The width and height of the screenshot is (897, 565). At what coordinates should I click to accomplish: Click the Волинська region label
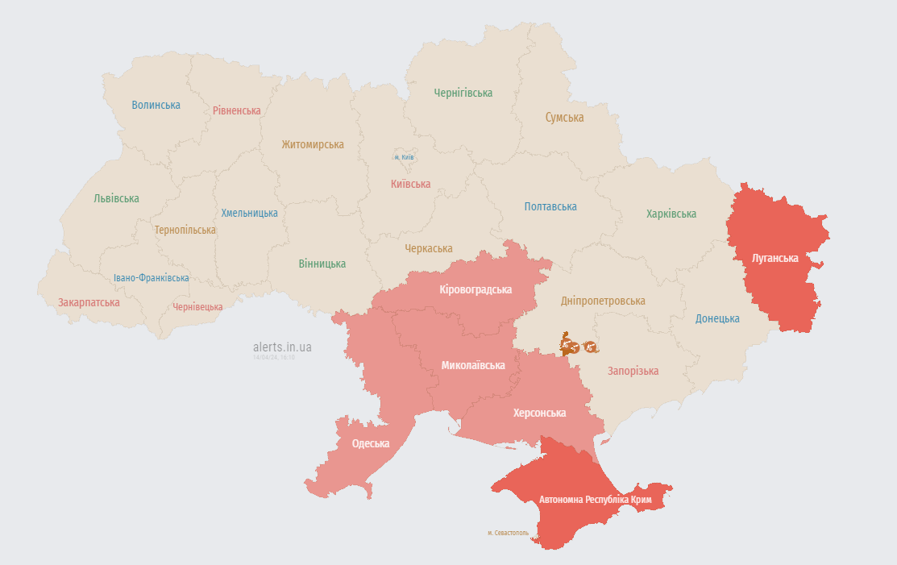pyautogui.click(x=156, y=105)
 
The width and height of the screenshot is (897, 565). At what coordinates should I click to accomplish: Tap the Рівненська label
pyautogui.click(x=237, y=110)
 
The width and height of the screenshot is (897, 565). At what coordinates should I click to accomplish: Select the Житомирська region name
pyautogui.click(x=313, y=145)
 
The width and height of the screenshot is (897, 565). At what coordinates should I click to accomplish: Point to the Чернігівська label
pyautogui.click(x=463, y=93)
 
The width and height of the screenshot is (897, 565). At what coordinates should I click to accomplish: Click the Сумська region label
pyautogui.click(x=564, y=118)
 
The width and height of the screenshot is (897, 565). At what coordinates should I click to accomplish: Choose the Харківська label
pyautogui.click(x=671, y=214)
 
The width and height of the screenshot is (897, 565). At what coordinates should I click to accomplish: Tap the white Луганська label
pyautogui.click(x=774, y=259)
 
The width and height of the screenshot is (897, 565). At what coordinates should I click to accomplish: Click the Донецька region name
pyautogui.click(x=717, y=318)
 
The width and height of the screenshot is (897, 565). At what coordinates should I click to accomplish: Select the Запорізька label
pyautogui.click(x=633, y=372)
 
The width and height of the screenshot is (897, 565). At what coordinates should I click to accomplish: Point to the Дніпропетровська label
pyautogui.click(x=603, y=301)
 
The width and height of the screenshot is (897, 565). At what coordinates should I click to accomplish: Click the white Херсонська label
pyautogui.click(x=539, y=413)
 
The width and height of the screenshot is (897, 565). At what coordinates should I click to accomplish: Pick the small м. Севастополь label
pyautogui.click(x=508, y=533)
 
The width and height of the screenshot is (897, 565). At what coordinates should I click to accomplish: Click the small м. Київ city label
pyautogui.click(x=404, y=157)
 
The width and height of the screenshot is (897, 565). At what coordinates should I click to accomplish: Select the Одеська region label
pyautogui.click(x=371, y=444)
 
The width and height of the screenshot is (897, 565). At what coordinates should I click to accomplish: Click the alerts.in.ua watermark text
pyautogui.click(x=282, y=347)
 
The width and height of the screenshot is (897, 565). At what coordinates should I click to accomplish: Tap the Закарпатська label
pyautogui.click(x=89, y=303)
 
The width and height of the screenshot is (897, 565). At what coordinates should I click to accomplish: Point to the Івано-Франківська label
pyautogui.click(x=151, y=278)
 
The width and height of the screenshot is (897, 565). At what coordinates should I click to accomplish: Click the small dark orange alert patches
pyautogui.click(x=579, y=346)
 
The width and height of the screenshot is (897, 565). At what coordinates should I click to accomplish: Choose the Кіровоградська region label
pyautogui.click(x=476, y=289)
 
